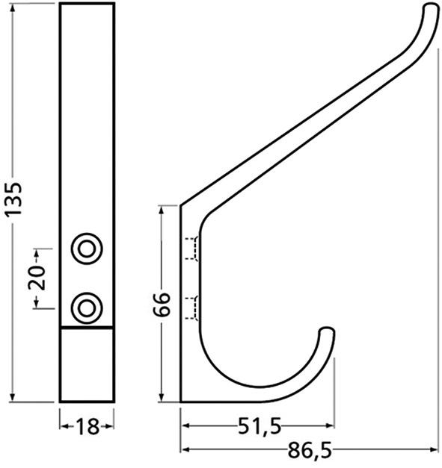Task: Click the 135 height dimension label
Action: tap(13, 199)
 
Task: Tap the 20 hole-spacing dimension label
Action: tap(37, 278)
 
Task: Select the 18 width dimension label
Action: tap(87, 426)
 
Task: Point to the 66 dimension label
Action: tap(162, 304)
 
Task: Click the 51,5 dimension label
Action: tap(260, 426)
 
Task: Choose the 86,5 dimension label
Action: tap(310, 450)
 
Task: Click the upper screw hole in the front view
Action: tap(87, 249)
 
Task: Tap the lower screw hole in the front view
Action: tap(87, 308)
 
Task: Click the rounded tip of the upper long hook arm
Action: tap(432, 8)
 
